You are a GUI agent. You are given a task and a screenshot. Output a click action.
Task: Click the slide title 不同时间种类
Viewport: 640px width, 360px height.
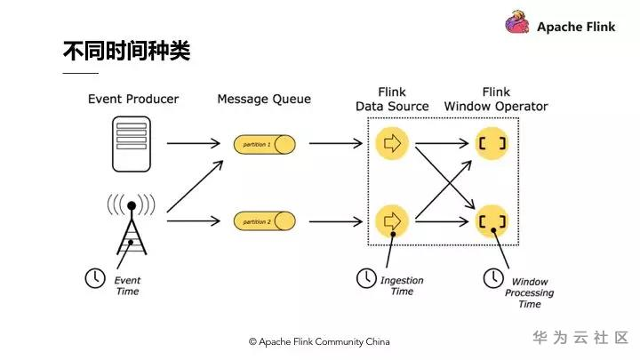pyautogui.click(x=126, y=50)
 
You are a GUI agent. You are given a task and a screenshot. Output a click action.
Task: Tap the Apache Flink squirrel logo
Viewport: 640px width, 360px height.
pyautogui.click(x=518, y=24)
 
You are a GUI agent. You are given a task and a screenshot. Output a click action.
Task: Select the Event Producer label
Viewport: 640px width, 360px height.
pyautogui.click(x=133, y=99)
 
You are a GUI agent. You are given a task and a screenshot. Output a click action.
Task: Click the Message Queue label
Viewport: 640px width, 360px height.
pyautogui.click(x=264, y=99)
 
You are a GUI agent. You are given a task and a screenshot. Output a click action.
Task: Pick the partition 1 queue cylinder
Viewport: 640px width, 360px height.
pyautogui.click(x=264, y=143)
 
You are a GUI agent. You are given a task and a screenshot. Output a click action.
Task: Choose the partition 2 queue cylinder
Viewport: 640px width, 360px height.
pyautogui.click(x=264, y=220)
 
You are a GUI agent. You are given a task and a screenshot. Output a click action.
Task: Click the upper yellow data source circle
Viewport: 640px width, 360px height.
pyautogui.click(x=392, y=143)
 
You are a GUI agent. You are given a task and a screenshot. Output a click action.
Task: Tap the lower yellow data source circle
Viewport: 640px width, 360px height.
pyautogui.click(x=392, y=220)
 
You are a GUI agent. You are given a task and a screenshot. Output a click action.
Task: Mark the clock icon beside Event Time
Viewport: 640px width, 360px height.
pyautogui.click(x=93, y=278)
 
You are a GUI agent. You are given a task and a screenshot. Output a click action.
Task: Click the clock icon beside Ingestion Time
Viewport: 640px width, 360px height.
pyautogui.click(x=365, y=278)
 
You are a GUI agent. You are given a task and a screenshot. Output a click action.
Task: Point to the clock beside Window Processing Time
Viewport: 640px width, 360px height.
pyautogui.click(x=492, y=278)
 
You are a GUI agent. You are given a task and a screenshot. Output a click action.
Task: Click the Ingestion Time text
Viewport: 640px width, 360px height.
pyautogui.click(x=402, y=285)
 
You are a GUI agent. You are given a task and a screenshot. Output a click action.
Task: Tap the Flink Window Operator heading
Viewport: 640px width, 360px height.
pyautogui.click(x=496, y=99)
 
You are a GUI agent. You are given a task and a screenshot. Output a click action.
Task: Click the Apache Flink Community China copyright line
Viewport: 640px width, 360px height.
pyautogui.click(x=319, y=341)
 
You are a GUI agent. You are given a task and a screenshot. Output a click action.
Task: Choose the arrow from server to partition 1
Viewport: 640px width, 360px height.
pyautogui.click(x=192, y=143)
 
